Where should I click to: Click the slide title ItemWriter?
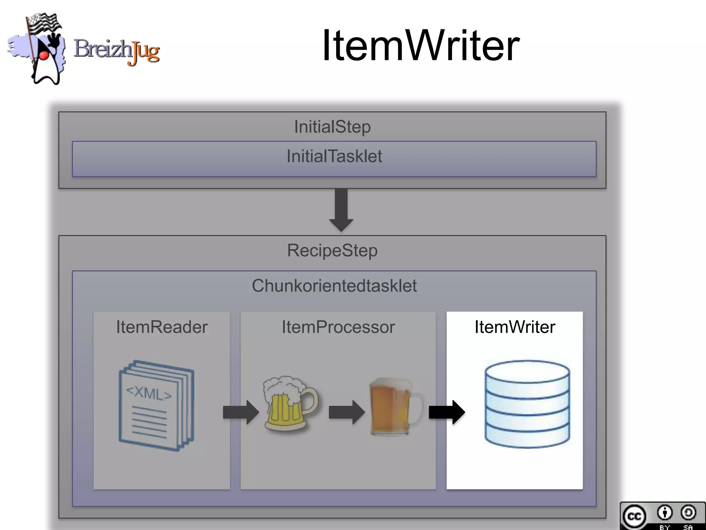coord(420,46)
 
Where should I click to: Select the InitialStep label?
coord(332,127)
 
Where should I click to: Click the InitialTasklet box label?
coord(334,156)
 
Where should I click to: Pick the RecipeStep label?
coord(332,251)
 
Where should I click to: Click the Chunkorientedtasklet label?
coord(334,286)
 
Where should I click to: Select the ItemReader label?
coord(162,327)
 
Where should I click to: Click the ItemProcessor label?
coord(338,327)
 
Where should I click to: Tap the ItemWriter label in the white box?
coord(515,327)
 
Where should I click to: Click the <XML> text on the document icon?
coord(149,393)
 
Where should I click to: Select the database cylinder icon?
coord(527,404)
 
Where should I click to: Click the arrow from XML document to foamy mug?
coord(241,412)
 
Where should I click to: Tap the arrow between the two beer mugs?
coord(346,412)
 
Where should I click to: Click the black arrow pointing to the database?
coord(446,412)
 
